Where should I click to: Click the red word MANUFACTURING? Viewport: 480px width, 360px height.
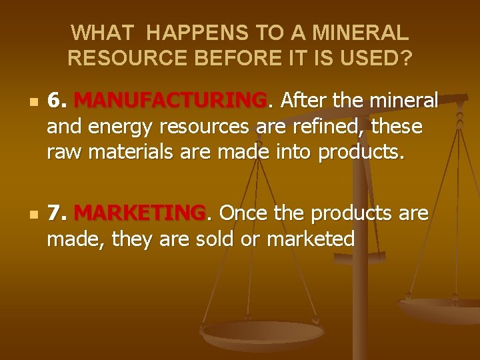tap(170, 101)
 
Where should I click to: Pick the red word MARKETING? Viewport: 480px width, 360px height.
tap(140, 213)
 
